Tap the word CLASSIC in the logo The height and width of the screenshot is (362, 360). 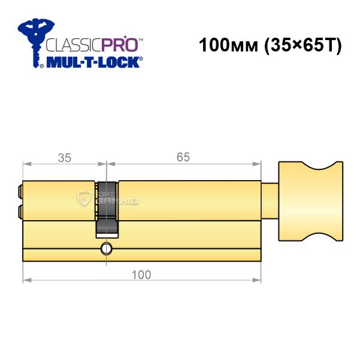pos(74,45)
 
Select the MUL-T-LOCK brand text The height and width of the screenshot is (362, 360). pos(93,62)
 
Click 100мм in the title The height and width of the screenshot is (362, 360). pos(228,45)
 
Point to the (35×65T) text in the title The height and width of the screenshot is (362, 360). pos(302,45)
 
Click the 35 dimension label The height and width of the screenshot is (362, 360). pos(65,158)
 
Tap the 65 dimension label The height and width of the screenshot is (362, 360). pos(183,157)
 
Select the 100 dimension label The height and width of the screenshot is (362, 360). pos(141,275)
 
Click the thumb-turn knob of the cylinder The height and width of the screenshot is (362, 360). pos(310,201)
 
